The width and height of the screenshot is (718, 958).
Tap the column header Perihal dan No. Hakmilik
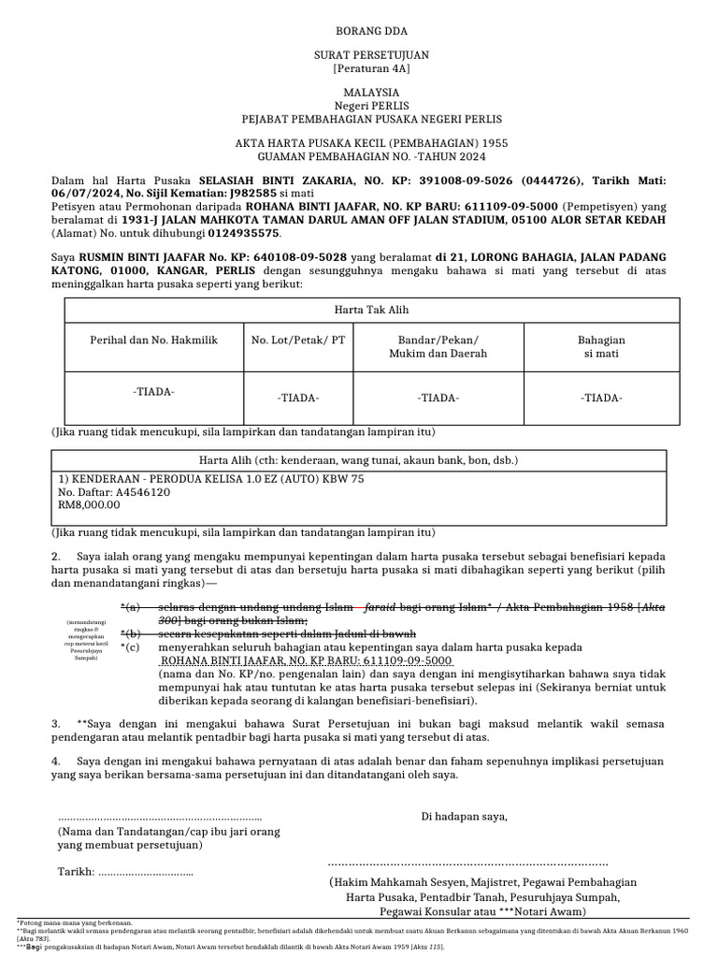[x=153, y=341]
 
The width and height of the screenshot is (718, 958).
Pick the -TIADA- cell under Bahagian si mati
[x=602, y=398]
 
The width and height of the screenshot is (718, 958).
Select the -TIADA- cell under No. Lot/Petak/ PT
[x=298, y=399]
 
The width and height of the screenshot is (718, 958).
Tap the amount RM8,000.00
[x=90, y=504]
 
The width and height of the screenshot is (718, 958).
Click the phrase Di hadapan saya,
[x=465, y=816]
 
